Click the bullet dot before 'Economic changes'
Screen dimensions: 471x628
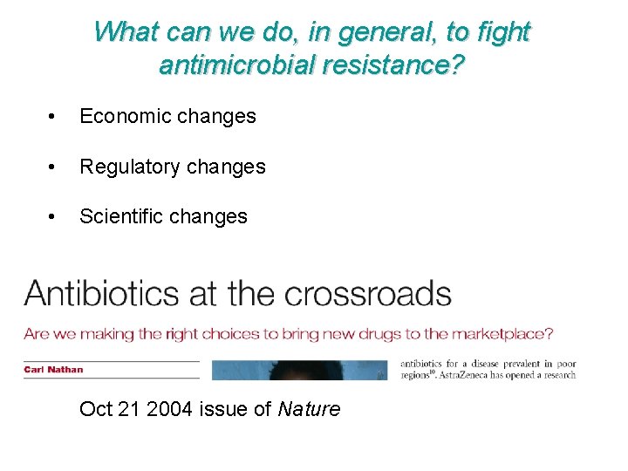54,117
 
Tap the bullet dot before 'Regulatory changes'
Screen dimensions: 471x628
54,167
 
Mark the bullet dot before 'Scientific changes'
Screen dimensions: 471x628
54,217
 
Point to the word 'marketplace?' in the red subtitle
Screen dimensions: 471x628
508,333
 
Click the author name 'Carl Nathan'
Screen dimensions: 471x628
54,369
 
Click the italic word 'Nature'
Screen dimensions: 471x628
309,408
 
